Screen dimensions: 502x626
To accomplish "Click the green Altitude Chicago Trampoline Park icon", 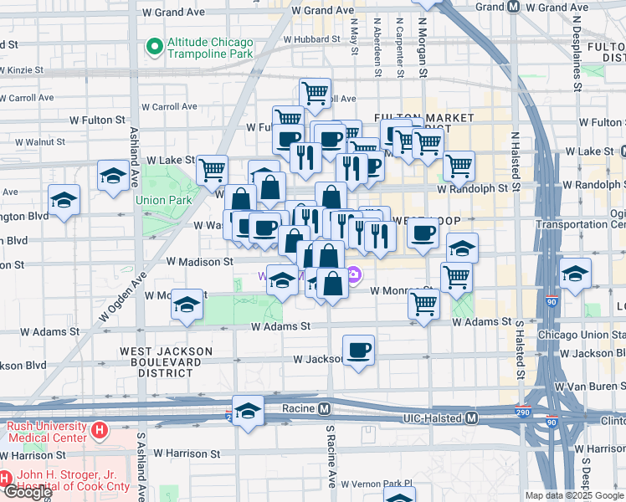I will coord(154,47).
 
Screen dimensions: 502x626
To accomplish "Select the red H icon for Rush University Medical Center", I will coord(100,431).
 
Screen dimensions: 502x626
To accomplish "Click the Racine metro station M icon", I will coord(323,409).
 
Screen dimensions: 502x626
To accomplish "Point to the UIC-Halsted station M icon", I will coord(471,417).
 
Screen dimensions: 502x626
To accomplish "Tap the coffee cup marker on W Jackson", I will coord(358,350).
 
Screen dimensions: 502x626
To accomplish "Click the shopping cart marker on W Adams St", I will coord(424,305).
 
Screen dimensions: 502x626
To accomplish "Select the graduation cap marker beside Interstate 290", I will coord(249,412).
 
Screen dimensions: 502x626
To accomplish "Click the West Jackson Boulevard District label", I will coord(161,361).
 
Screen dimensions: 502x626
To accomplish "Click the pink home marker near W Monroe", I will coord(354,274).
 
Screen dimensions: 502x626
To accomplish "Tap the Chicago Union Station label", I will coord(581,336).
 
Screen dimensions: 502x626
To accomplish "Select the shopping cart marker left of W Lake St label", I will coord(213,169).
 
